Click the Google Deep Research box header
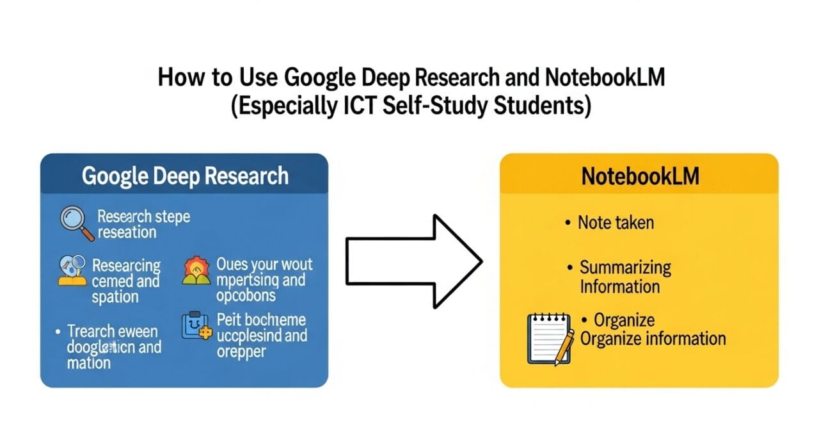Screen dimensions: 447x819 [184, 175]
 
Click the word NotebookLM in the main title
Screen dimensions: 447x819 [605, 78]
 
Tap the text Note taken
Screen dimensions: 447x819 [616, 223]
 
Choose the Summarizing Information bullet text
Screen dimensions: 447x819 [625, 277]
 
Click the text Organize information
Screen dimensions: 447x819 [653, 338]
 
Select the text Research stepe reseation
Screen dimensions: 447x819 [143, 224]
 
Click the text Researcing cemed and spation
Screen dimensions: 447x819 [125, 280]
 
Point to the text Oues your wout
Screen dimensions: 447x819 [264, 264]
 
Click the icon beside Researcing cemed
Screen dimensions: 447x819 [72, 270]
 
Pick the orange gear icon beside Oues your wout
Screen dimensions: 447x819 [196, 270]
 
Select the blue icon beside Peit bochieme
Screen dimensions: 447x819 [195, 325]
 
